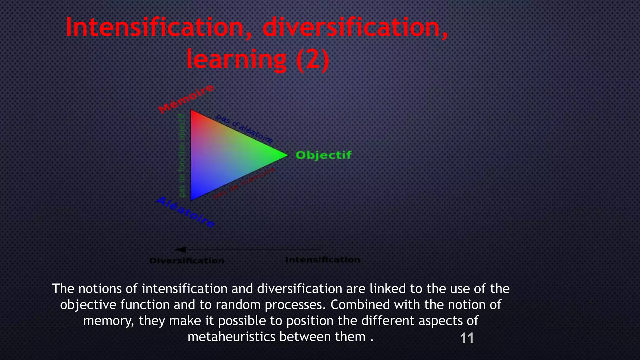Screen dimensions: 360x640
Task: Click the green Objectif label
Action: coord(323,155)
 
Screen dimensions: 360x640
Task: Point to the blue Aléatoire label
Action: coord(186,212)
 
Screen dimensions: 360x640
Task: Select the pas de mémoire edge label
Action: coord(244,183)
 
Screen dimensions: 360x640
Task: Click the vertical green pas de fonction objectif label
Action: coord(182,155)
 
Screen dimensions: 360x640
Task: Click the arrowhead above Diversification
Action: coord(181,249)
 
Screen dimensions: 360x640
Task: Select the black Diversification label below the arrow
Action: coord(187,261)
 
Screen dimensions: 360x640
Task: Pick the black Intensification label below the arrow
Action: coord(322,260)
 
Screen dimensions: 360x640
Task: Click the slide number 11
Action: coord(467,338)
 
